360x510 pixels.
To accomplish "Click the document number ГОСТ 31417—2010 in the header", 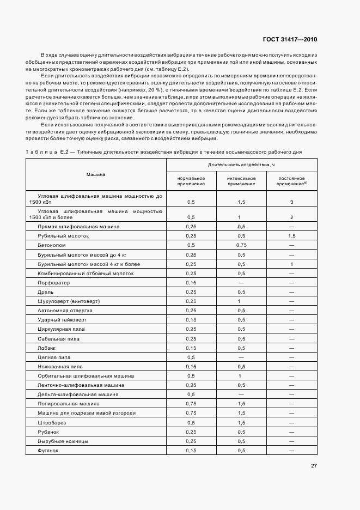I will tap(290, 39).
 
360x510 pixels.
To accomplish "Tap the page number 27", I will tap(314, 466).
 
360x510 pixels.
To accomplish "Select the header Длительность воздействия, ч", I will tap(241, 165).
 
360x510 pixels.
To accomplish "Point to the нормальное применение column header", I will tap(191, 181).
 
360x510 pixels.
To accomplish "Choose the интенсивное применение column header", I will tap(241, 181).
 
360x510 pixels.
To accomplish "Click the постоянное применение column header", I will tap(292, 181).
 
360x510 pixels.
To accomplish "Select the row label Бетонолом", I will tap(51, 245).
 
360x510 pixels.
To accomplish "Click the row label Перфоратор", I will tap(53, 283).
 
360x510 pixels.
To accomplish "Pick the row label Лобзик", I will tap(47, 348).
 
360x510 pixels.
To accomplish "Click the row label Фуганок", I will tap(48, 450).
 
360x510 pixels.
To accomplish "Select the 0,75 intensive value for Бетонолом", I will tap(241, 245).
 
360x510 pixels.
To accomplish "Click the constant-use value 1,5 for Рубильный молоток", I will tap(292, 236).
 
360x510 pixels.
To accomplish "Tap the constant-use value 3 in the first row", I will tap(292, 202).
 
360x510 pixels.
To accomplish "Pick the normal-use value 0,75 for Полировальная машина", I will tap(191, 404).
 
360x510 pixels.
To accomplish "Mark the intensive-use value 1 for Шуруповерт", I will tap(239, 301).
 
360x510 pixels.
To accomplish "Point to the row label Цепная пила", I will tap(53, 357).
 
